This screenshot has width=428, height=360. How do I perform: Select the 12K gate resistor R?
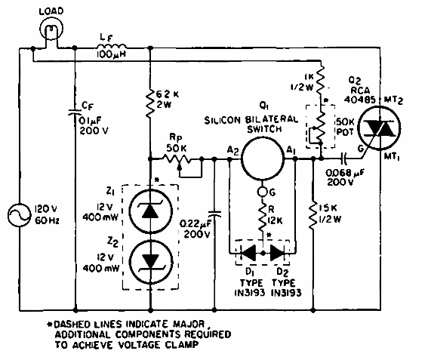pos(260,219)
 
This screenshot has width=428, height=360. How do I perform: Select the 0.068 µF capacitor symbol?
pos(344,160)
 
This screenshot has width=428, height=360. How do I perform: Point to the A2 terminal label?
pos(231,150)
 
